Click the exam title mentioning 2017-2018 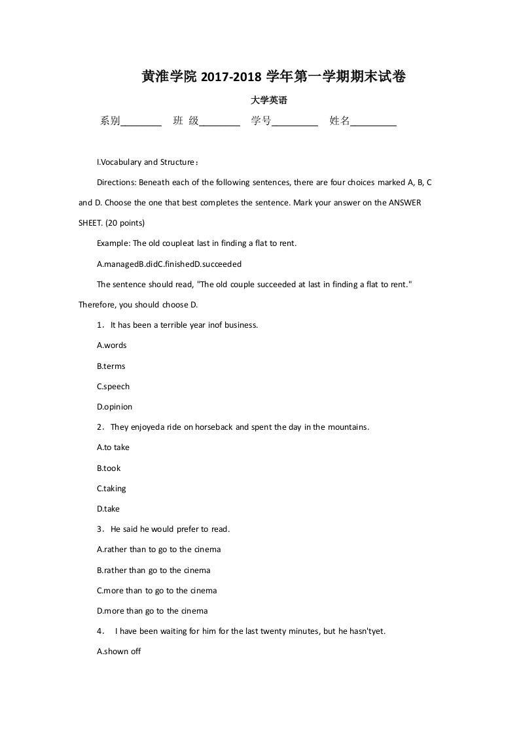pyautogui.click(x=274, y=77)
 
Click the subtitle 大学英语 pyautogui.click(x=269, y=101)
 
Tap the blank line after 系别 pyautogui.click(x=141, y=122)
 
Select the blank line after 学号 pyautogui.click(x=295, y=122)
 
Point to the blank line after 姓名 pyautogui.click(x=373, y=122)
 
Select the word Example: pyautogui.click(x=113, y=243)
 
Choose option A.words pyautogui.click(x=112, y=345)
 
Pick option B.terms pyautogui.click(x=111, y=366)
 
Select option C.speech pyautogui.click(x=113, y=387)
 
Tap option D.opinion pyautogui.click(x=115, y=407)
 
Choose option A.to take pyautogui.click(x=113, y=447)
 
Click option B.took pyautogui.click(x=109, y=468)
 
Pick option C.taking pyautogui.click(x=111, y=489)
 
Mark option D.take pyautogui.click(x=109, y=509)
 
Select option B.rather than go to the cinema pyautogui.click(x=154, y=570)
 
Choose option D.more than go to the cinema pyautogui.click(x=152, y=611)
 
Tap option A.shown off pyautogui.click(x=119, y=652)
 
